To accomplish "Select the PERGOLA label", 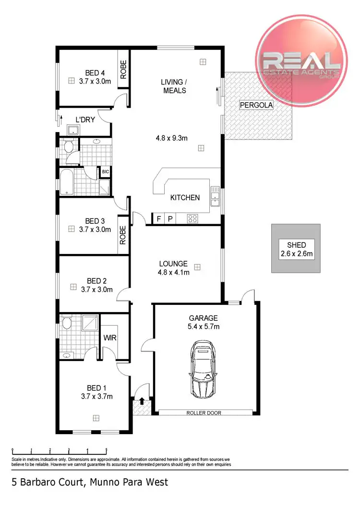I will pos(256,105).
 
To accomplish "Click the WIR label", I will pos(110,338).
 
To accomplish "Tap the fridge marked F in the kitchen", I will pos(159,219).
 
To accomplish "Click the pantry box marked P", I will pos(170,219).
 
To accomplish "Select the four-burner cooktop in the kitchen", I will pos(192,218).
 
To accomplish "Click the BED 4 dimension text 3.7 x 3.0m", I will pos(95,81).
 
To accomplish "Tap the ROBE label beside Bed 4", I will pos(123,69).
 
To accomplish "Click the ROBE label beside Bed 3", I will pos(123,235).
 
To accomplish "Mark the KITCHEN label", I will pos(185,197).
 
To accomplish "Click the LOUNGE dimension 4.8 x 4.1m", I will pos(174,272).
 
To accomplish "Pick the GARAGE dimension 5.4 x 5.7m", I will pos(204,327).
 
